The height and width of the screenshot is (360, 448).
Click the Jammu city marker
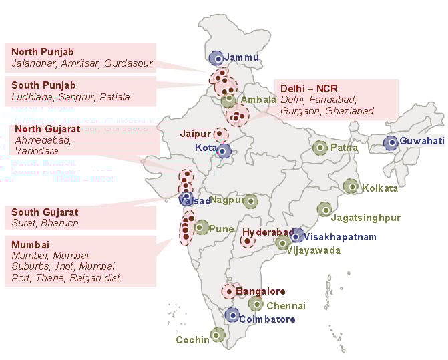tap(216, 58)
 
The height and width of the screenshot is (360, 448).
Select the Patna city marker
tap(320, 147)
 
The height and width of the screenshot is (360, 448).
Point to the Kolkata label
tap(380, 188)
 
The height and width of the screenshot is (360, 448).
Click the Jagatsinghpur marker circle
tap(324, 210)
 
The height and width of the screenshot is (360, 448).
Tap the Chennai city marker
tap(256, 304)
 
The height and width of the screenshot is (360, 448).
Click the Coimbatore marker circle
tap(232, 315)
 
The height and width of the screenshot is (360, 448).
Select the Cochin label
tap(192, 340)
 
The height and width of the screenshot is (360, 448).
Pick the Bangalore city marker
tap(229, 291)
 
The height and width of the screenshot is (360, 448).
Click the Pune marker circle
tap(202, 228)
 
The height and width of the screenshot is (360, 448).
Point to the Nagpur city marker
tap(250, 200)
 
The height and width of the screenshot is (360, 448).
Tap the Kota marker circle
tap(224, 150)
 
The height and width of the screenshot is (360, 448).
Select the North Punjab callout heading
tap(43, 52)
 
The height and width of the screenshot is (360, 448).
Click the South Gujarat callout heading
tap(45, 212)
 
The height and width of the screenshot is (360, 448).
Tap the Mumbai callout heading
tap(31, 244)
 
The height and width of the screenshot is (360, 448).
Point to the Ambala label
tap(258, 100)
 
